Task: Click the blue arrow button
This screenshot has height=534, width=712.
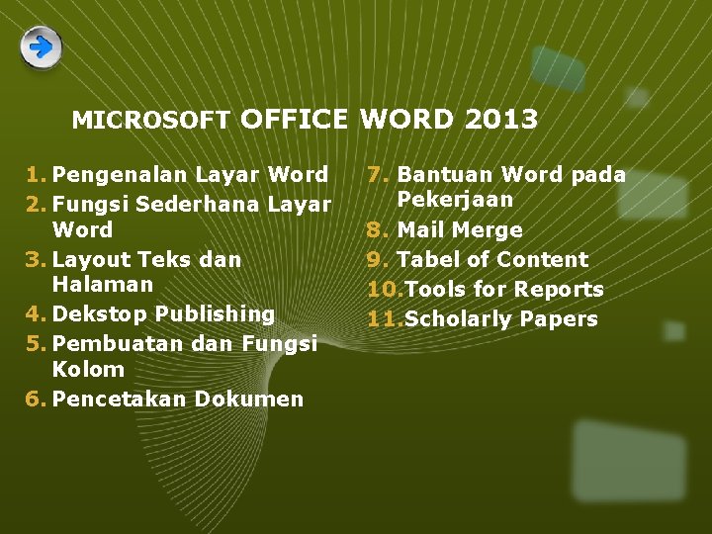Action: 41,47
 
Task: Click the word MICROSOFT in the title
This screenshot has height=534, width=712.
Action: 150,121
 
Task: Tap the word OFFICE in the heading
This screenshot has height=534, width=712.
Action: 294,120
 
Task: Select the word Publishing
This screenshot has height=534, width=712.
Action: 215,314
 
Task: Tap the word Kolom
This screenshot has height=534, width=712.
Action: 88,370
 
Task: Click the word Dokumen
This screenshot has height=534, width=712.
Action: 249,400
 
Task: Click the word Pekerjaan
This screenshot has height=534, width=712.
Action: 455,200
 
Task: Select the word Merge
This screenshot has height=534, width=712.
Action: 489,230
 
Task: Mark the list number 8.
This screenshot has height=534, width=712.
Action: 376,230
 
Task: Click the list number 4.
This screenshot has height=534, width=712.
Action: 35,314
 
